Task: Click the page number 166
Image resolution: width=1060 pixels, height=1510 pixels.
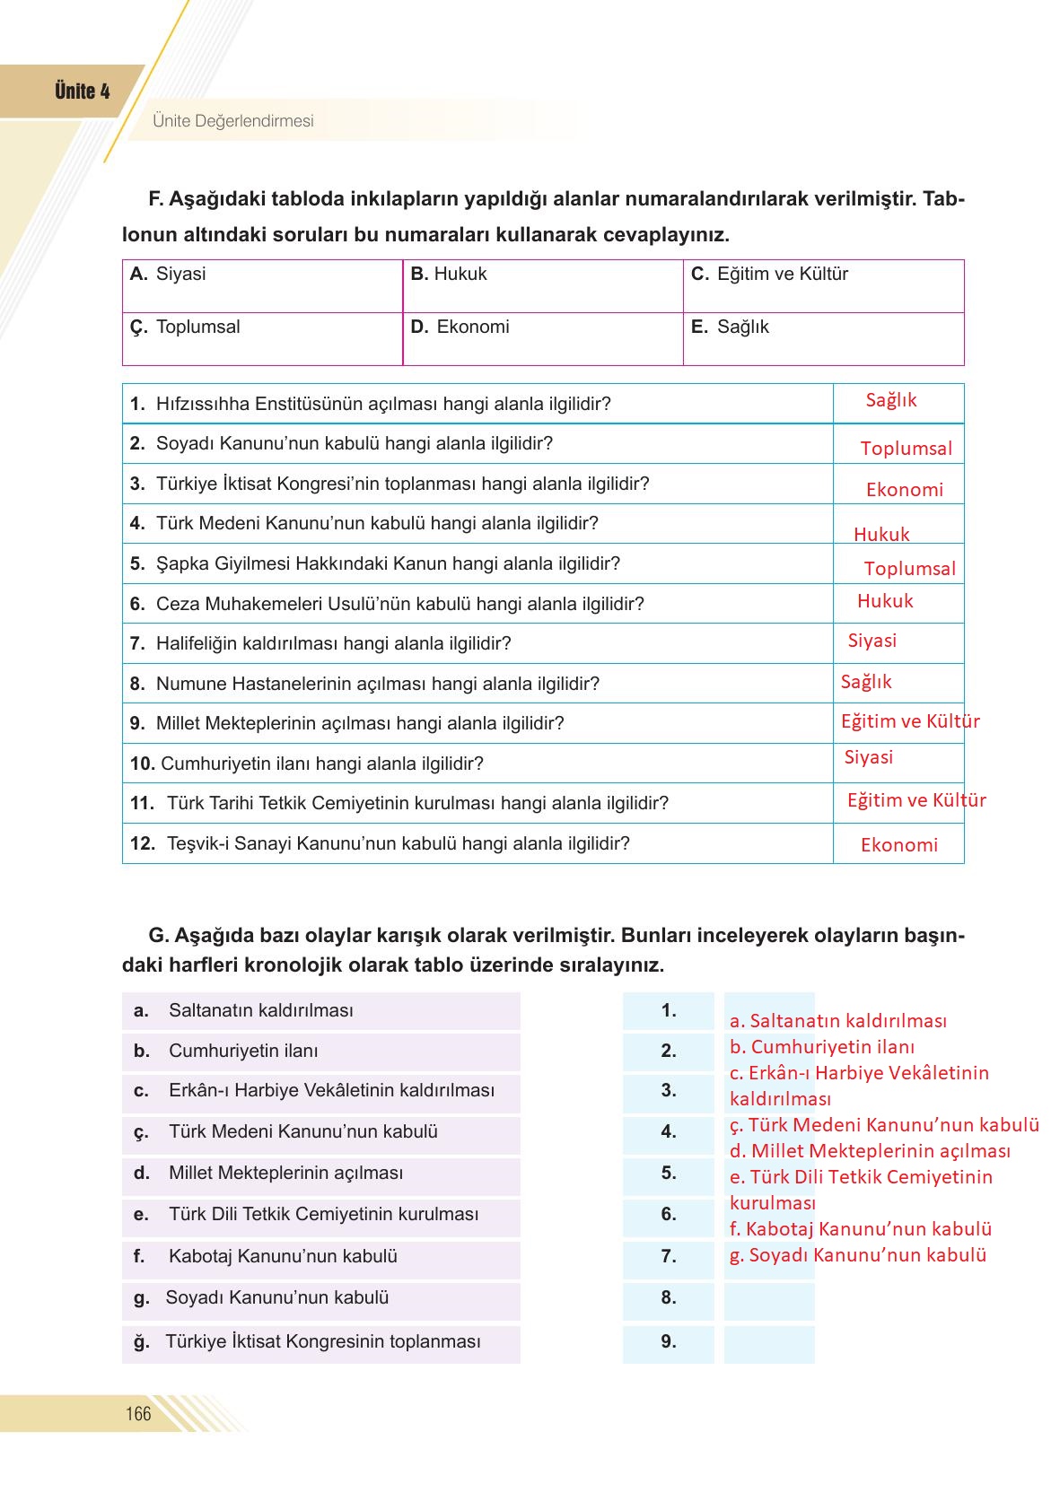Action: point(138,1414)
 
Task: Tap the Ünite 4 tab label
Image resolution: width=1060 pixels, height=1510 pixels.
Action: point(82,92)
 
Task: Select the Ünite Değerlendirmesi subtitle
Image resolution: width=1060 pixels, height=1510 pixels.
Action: point(233,121)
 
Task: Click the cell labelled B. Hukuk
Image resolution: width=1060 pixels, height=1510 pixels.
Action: point(542,285)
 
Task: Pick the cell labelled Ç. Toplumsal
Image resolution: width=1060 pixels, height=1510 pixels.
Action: point(262,338)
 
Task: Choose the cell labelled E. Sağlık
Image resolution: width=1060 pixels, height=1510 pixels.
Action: point(823,338)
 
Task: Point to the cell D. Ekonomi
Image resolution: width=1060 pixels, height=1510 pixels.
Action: point(542,338)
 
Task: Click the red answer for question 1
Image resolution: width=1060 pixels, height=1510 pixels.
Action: point(890,401)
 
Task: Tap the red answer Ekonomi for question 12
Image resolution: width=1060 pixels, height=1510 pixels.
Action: point(898,845)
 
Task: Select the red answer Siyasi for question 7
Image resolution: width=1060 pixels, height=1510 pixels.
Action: point(872,641)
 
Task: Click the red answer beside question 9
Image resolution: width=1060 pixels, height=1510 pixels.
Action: point(909,721)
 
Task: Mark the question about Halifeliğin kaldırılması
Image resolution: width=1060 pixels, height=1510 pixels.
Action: point(333,643)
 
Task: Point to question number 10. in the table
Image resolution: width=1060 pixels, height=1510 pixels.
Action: point(143,764)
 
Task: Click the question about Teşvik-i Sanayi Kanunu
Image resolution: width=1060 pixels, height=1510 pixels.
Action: point(398,843)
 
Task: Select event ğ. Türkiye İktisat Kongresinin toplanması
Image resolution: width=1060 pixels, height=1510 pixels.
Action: point(321,1342)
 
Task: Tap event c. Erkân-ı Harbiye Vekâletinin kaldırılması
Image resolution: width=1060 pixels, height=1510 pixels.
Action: point(321,1091)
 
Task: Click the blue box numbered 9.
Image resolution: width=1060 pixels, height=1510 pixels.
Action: point(669,1342)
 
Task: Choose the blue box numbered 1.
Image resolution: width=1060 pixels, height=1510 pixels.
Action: point(669,1011)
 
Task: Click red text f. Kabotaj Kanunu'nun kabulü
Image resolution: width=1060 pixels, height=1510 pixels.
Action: point(860,1229)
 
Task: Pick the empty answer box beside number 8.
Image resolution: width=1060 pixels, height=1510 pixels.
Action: point(769,1298)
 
